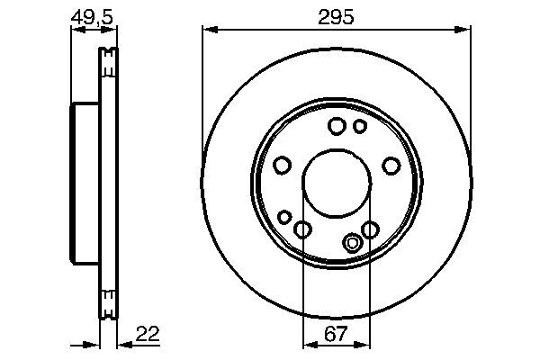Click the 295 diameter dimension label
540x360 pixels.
click(x=336, y=15)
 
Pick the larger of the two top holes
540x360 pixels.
click(x=337, y=126)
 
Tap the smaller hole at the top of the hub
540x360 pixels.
click(x=359, y=126)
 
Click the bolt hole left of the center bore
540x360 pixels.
click(x=282, y=166)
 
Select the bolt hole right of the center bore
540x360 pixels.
click(x=391, y=166)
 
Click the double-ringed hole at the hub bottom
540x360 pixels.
click(x=354, y=242)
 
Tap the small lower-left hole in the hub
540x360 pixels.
click(x=285, y=217)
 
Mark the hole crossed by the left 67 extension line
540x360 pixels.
click(x=303, y=230)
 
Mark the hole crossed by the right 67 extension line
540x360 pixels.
click(x=369, y=230)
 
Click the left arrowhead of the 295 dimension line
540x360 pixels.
click(x=207, y=31)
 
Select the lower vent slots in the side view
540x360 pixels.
click(x=108, y=301)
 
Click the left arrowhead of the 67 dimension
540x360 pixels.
click(x=307, y=343)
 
